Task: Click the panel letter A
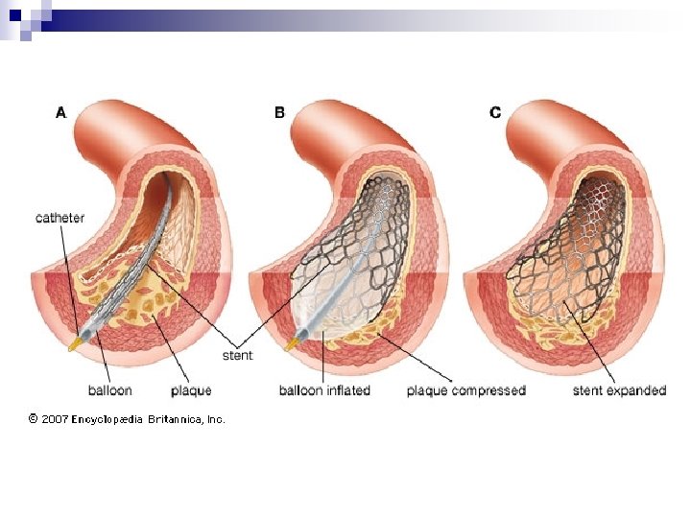pos(61,112)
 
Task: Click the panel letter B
pos(279,112)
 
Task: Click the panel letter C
pos(495,112)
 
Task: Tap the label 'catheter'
pos(60,218)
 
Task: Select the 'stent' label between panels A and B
pos(237,356)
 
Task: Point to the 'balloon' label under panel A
pos(110,390)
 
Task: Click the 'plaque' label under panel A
pos(191,391)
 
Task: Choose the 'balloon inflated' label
pos(324,390)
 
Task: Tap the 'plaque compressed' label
pos(466,390)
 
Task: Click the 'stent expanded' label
pos(619,390)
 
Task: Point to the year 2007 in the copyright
pos(54,418)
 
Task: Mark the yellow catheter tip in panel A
pos(73,342)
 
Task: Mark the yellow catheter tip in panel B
pos(290,342)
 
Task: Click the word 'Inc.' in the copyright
pos(216,418)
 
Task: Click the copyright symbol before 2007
pos(33,418)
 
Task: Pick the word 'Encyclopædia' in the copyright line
pos(107,418)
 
